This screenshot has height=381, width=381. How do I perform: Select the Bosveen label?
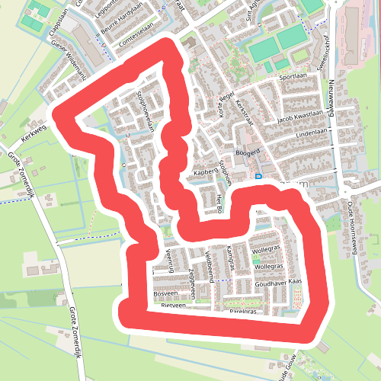[165, 293]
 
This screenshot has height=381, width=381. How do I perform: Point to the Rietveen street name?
[173, 306]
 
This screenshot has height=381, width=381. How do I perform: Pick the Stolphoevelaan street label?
[146, 110]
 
